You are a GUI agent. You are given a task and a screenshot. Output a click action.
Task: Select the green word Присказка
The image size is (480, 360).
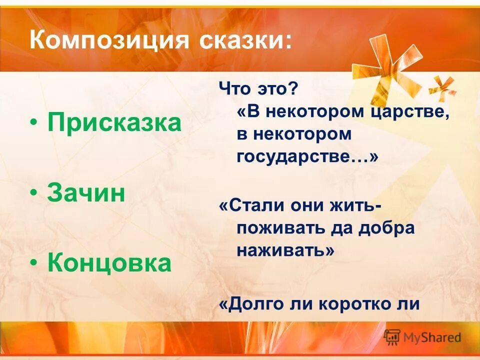pyautogui.click(x=114, y=123)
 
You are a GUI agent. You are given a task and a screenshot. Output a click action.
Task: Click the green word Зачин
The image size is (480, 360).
pyautogui.click(x=86, y=193)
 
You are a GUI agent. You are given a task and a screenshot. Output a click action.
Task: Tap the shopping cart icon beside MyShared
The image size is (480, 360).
pyautogui.click(x=392, y=336)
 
